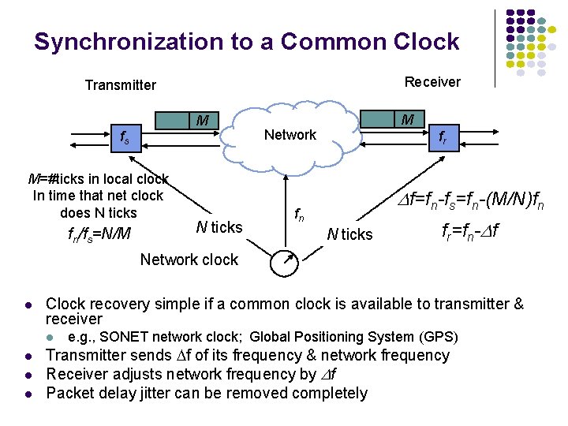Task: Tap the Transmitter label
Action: [121, 85]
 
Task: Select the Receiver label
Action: [432, 81]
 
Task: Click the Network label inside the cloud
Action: [290, 135]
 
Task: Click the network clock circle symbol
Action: [285, 263]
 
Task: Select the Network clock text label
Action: [189, 260]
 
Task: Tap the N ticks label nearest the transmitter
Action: [219, 227]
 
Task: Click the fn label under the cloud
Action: [301, 213]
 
